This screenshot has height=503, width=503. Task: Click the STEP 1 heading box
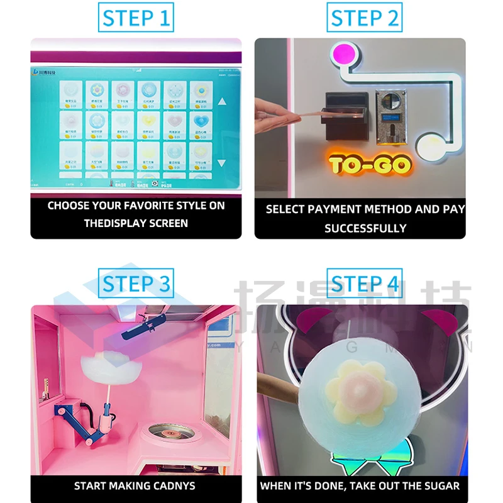136,18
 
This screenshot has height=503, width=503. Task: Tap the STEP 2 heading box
365,18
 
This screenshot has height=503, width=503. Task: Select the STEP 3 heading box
136,284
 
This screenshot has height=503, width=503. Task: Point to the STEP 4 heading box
365,284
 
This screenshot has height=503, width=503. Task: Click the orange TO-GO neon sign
370,165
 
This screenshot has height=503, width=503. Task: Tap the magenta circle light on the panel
344,53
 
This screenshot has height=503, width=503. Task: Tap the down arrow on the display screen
222,163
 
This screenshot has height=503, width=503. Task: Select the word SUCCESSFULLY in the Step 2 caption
365,228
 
